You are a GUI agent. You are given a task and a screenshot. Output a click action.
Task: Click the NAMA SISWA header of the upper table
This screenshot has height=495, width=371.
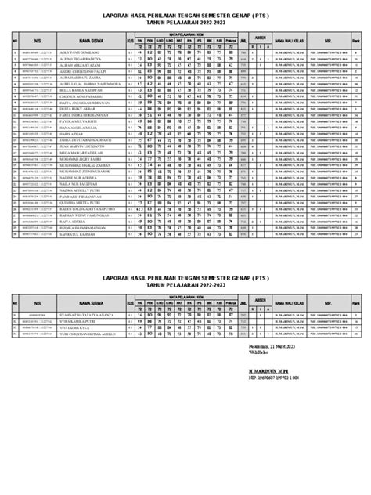coord(86,42)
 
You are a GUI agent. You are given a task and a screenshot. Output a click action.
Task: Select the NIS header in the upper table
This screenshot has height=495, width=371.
coord(36,42)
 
